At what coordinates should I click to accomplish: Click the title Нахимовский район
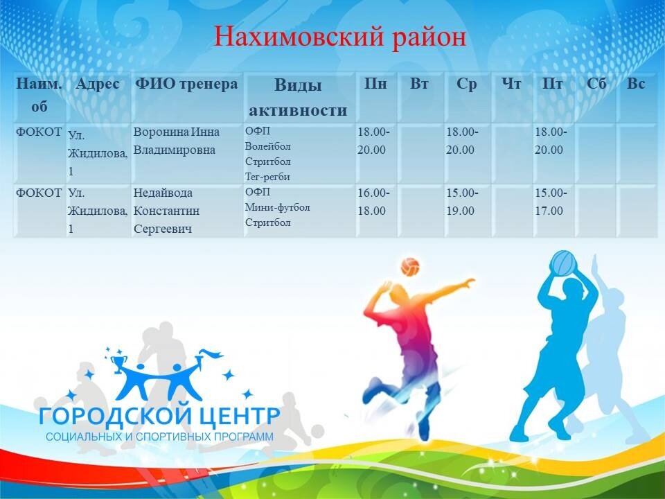339,37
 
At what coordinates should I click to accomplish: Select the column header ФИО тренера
186,84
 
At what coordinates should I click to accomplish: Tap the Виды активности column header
298,98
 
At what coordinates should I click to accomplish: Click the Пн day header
375,84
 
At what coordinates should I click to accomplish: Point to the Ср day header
466,85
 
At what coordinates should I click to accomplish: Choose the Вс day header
636,84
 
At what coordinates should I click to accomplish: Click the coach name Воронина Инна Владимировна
176,141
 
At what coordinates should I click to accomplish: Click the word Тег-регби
267,177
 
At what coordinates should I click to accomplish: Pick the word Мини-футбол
277,207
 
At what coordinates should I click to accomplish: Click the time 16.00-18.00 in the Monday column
373,202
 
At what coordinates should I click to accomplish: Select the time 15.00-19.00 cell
462,202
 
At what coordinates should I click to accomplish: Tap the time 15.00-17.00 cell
551,202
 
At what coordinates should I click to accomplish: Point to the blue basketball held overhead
563,263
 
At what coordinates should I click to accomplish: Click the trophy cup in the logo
118,365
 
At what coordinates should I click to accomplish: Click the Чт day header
511,84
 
